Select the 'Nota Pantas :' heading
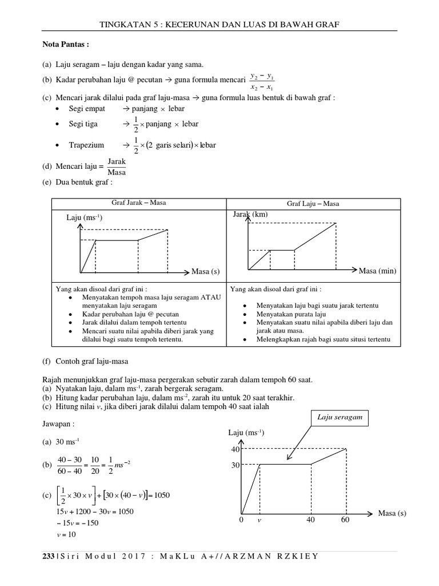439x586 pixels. pyautogui.click(x=66, y=44)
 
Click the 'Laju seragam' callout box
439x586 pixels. pyautogui.click(x=340, y=418)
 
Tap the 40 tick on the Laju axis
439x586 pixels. pyautogui.click(x=234, y=449)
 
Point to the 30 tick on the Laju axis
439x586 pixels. pyautogui.click(x=234, y=465)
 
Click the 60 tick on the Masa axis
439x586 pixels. pyautogui.click(x=345, y=520)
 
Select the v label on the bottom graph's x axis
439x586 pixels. pyautogui.click(x=259, y=520)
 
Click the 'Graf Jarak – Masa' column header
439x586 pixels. pyautogui.click(x=139, y=203)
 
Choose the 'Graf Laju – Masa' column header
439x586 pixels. pyautogui.click(x=314, y=204)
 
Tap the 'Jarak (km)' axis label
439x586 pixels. pyautogui.click(x=250, y=215)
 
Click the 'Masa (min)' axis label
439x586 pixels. pyautogui.click(x=377, y=271)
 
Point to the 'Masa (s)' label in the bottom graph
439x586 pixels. pyautogui.click(x=392, y=513)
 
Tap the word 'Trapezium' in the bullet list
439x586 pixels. pyautogui.click(x=86, y=145)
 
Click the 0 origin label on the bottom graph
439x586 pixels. pyautogui.click(x=241, y=520)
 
